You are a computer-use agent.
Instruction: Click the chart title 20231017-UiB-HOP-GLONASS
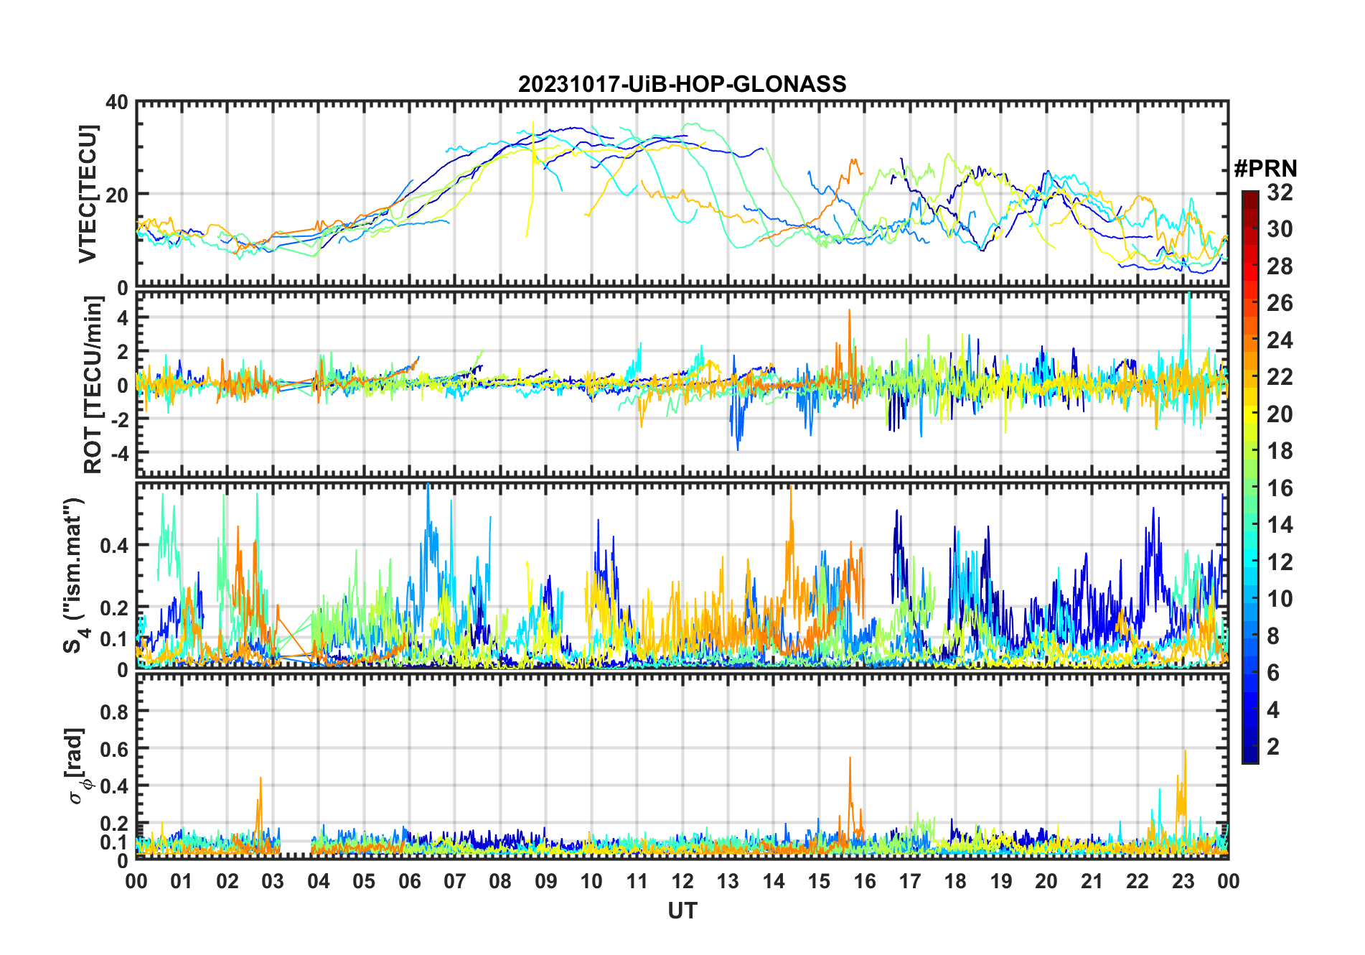pos(682,85)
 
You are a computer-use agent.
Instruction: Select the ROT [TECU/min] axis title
pos(93,385)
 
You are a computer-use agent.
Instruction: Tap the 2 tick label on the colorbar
pos(1273,747)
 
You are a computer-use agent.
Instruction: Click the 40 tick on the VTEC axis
pos(117,103)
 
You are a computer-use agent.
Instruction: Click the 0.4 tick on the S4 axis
pos(114,546)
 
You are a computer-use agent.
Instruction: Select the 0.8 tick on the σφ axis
pos(114,712)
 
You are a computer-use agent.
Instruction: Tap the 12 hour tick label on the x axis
pos(682,881)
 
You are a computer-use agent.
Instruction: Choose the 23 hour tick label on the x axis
pos(1183,881)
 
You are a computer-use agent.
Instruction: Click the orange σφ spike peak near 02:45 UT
pos(261,778)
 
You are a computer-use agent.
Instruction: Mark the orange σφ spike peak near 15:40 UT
pos(850,758)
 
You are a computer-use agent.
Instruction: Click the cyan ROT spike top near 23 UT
pos(1189,294)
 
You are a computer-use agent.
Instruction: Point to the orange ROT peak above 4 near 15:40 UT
pos(849,310)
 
